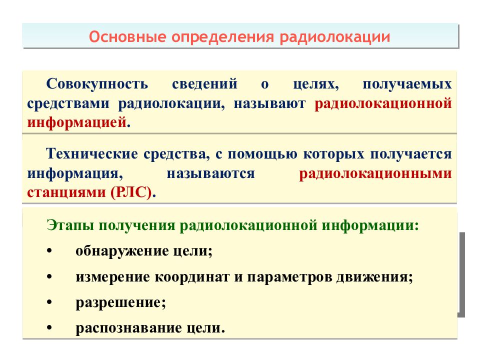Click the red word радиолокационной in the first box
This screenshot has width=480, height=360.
(x=383, y=103)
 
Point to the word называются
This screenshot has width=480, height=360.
(x=211, y=173)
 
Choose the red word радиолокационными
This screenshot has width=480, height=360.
(x=375, y=173)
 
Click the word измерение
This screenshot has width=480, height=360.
(x=112, y=277)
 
